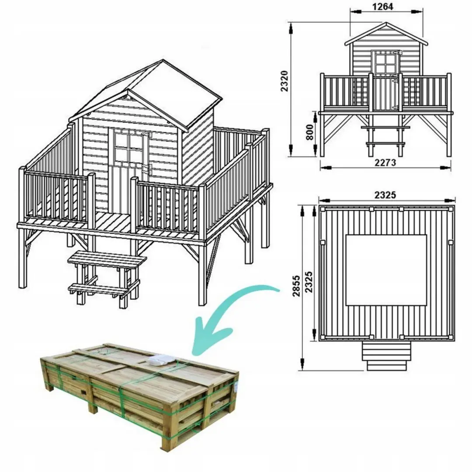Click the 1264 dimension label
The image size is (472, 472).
[x=383, y=7]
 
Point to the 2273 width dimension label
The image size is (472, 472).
[x=385, y=163]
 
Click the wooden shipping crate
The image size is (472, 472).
[x=140, y=393]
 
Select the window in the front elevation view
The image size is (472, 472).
[x=385, y=62]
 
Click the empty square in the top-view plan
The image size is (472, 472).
[x=386, y=270]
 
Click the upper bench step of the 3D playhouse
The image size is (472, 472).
[x=107, y=259]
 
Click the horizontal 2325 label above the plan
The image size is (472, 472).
[x=385, y=195]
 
